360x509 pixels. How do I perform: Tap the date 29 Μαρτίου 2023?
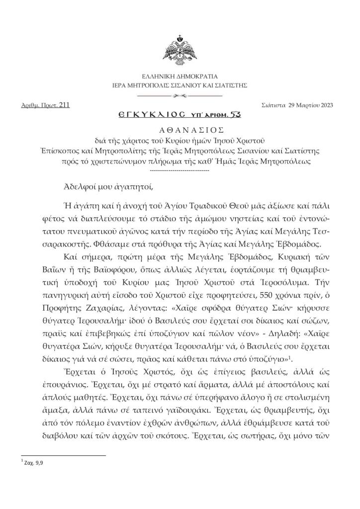point(308,105)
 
